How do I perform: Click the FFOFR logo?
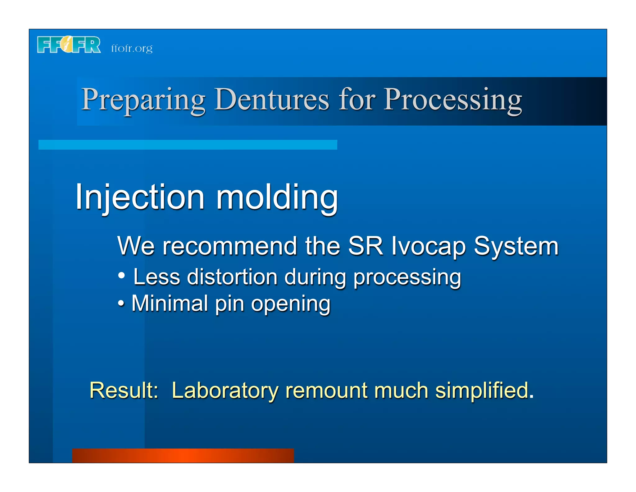(x=69, y=45)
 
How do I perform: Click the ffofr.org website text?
(x=132, y=49)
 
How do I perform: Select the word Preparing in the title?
(x=143, y=100)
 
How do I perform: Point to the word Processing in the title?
(x=453, y=100)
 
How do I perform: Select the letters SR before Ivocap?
(x=366, y=246)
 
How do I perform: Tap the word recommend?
(x=230, y=246)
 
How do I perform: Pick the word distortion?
(x=232, y=277)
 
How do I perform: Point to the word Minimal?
(x=170, y=303)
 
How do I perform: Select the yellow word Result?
(x=124, y=390)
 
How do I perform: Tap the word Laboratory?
(x=225, y=391)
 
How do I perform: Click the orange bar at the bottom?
(x=183, y=455)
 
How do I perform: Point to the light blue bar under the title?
(x=188, y=145)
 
